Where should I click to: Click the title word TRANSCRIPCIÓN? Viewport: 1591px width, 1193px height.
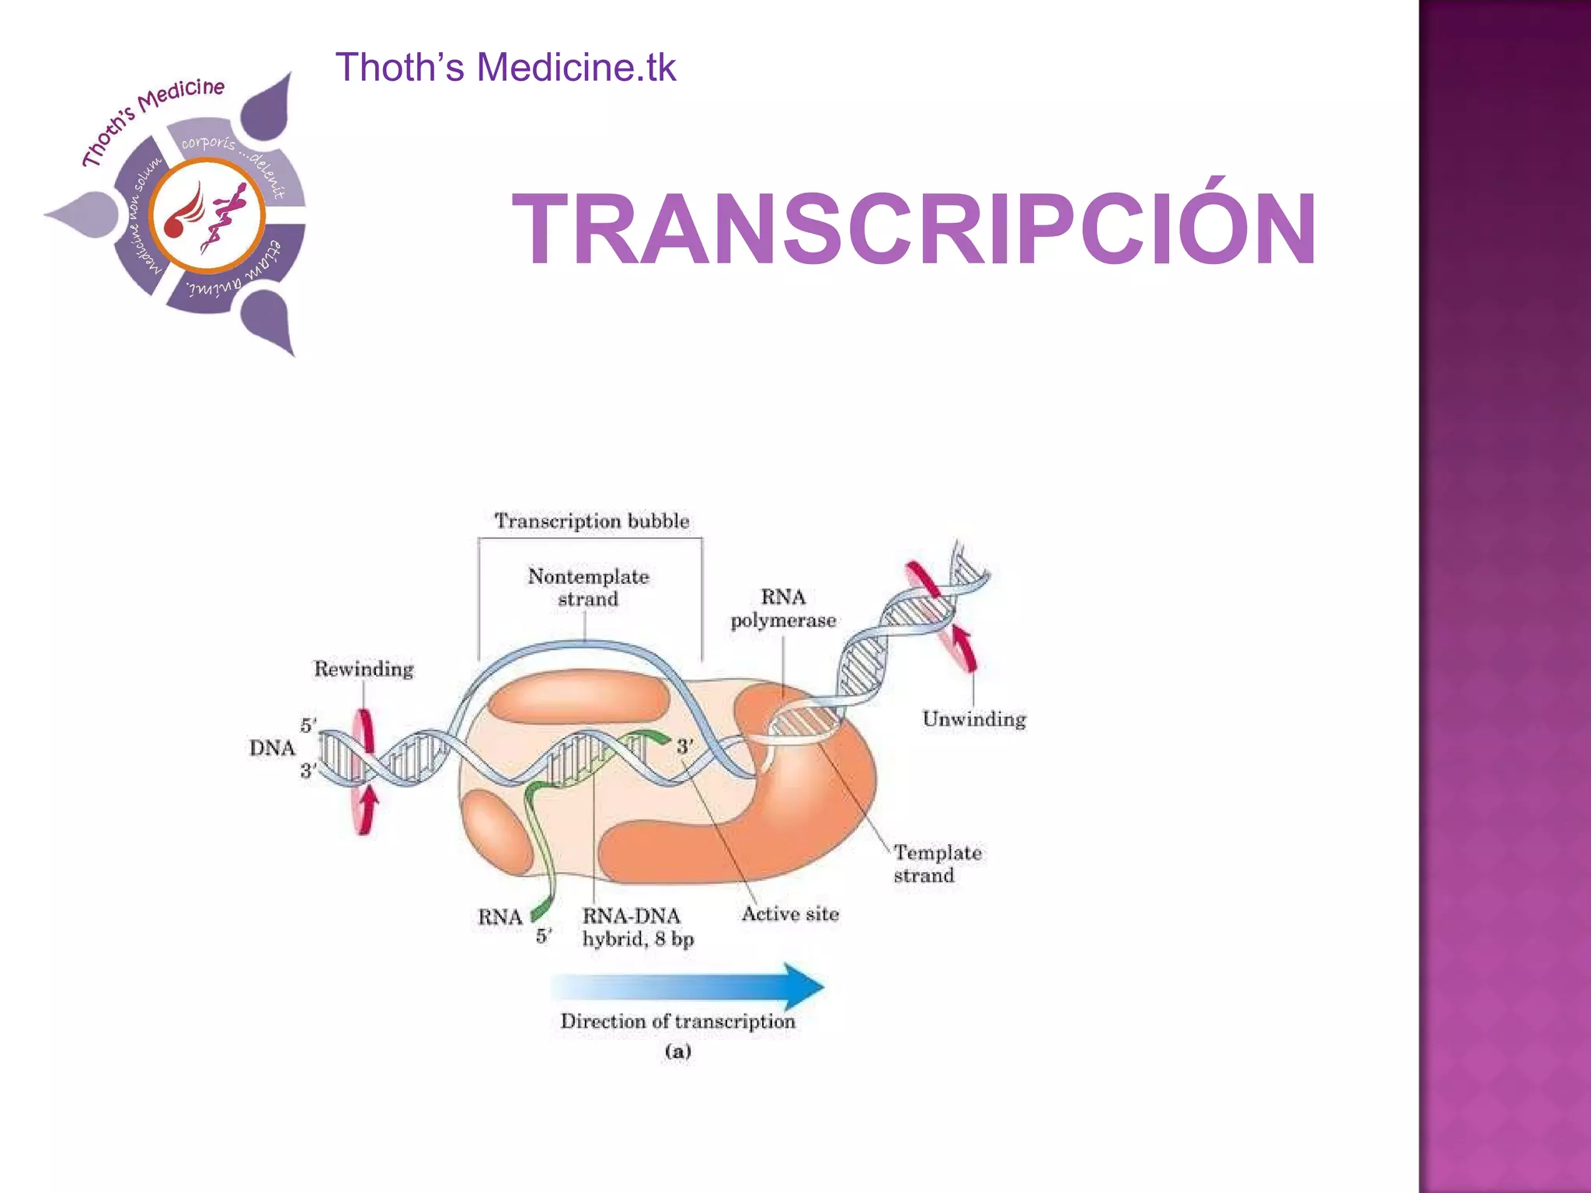pos(914,231)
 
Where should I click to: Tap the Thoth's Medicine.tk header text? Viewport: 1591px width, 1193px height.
pos(505,67)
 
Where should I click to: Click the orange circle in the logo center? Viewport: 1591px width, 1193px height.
pos(207,216)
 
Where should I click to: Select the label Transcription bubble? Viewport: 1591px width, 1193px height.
pos(591,520)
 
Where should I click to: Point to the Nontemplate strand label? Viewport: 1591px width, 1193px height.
pos(588,587)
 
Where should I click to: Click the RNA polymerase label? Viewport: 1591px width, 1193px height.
pos(783,608)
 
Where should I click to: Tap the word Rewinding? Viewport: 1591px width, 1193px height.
pos(364,669)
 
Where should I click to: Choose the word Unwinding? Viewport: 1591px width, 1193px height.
pos(974,719)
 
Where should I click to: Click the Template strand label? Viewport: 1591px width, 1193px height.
pos(936,864)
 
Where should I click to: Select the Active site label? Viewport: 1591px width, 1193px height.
pos(790,914)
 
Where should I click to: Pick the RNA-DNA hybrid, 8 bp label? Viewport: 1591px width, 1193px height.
pos(637,927)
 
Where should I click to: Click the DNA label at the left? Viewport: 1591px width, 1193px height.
pos(272,748)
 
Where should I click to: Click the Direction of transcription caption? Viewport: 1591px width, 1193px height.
pos(677,1021)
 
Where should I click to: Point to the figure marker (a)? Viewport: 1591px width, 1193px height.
pos(677,1052)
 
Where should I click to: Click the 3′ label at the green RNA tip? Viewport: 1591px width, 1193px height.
pos(684,747)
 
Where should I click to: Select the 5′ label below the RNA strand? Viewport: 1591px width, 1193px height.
pos(544,937)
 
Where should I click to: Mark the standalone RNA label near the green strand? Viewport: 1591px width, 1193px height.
pos(500,917)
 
